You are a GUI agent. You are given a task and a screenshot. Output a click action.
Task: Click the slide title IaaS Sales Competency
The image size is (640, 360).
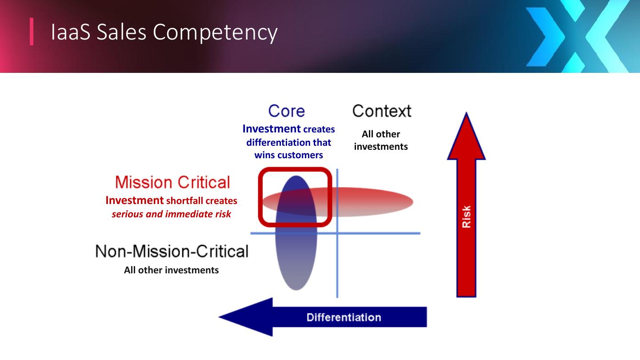[164, 32]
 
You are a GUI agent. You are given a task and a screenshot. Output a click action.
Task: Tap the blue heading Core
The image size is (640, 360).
[287, 111]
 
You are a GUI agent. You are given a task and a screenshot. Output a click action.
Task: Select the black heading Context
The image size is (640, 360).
[382, 111]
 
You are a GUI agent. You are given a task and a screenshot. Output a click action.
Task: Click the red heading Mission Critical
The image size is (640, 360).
[172, 182]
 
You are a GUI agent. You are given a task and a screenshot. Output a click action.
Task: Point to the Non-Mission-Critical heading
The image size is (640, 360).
[172, 252]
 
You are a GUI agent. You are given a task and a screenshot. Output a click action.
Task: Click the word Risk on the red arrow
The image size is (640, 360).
[466, 216]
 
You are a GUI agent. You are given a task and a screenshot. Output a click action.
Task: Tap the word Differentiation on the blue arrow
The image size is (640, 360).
[344, 317]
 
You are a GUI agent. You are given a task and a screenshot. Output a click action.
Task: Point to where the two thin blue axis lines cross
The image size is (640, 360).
[337, 233]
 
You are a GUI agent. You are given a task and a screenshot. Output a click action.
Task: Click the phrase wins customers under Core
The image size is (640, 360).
[288, 155]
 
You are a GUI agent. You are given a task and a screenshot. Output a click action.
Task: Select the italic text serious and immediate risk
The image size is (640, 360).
[171, 214]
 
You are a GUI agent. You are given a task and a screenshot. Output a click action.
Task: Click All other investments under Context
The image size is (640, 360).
[381, 140]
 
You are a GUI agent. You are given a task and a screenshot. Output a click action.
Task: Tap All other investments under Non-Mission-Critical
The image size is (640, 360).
[171, 270]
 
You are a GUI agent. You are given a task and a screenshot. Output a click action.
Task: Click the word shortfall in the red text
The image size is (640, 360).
[184, 201]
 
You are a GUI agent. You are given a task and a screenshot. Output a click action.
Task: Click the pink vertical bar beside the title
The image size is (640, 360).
[32, 32]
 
